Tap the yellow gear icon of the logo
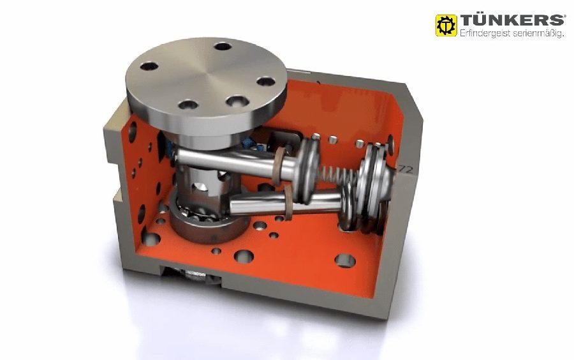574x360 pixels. tap(446, 26)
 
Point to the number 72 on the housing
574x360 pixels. tap(406, 169)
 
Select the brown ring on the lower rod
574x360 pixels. tap(288, 202)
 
